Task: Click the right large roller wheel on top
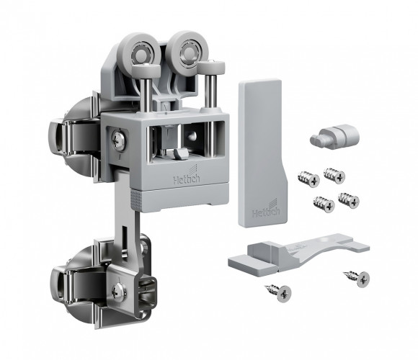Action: click(187, 50)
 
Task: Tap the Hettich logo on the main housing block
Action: click(187, 176)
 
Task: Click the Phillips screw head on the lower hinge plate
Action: click(119, 292)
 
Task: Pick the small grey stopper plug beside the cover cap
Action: click(334, 136)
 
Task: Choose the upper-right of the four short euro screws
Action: click(334, 176)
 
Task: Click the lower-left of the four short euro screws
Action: click(324, 204)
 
